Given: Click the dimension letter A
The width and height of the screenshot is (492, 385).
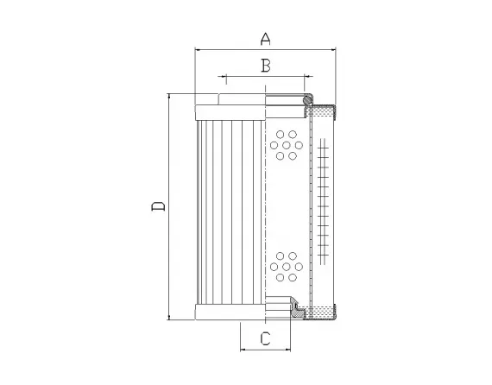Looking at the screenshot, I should tap(266, 38).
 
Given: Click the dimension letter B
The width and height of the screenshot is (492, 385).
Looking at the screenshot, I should tap(266, 65).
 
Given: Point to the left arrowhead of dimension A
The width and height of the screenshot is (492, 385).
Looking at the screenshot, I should tap(199, 49).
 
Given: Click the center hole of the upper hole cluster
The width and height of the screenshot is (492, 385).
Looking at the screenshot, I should tap(284, 147).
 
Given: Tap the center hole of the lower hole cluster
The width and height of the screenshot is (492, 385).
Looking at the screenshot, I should tap(284, 268).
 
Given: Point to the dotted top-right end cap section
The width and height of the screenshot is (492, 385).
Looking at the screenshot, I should tap(324, 112).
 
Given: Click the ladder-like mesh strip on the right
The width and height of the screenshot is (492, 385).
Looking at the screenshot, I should tap(322, 207).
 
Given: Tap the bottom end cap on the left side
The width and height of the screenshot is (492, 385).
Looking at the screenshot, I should tap(229, 312).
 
